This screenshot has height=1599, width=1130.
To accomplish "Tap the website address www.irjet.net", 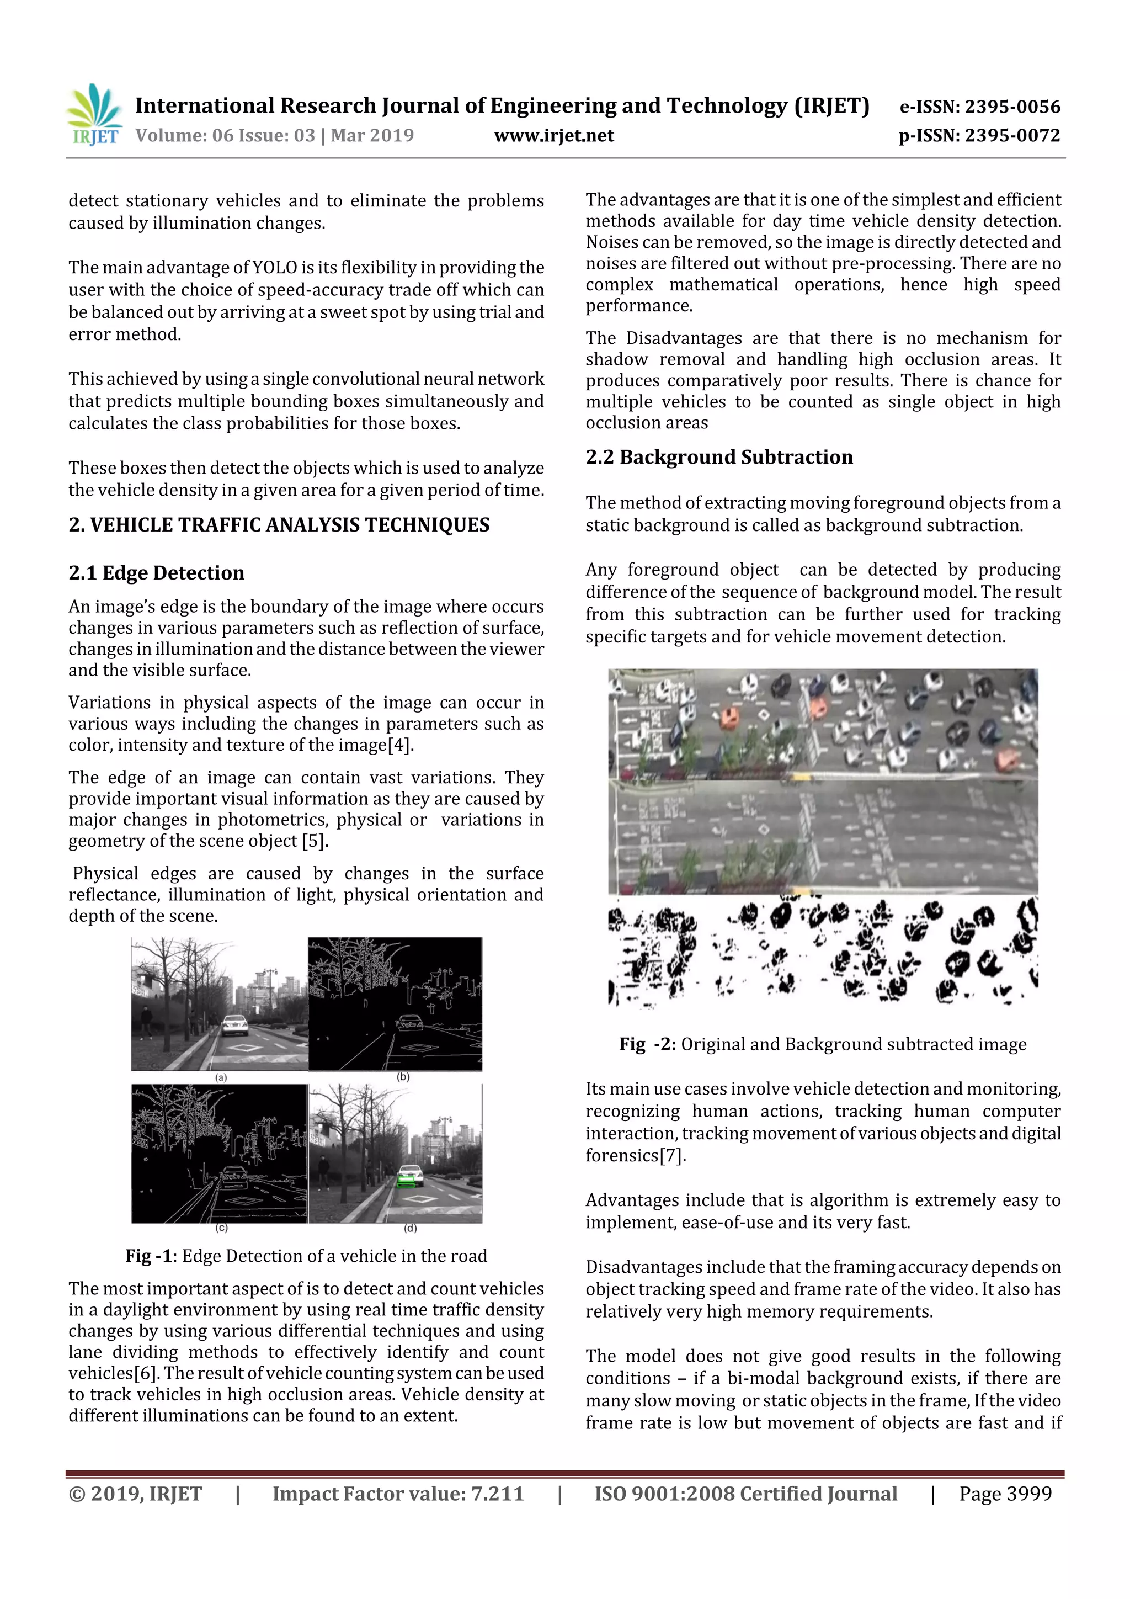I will tap(553, 136).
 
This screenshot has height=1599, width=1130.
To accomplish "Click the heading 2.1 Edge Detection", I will tap(156, 572).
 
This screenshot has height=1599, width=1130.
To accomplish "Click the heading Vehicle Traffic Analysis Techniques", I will tap(279, 525).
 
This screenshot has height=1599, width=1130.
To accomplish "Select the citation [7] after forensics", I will tap(673, 1155).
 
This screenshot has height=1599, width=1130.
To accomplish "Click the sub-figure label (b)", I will tap(402, 1077).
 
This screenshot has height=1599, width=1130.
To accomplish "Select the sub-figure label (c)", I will tap(221, 1228).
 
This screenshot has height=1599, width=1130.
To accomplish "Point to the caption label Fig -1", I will tap(148, 1256).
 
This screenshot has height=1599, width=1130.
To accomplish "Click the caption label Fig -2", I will tap(647, 1044).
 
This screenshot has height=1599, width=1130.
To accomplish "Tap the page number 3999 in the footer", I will tap(1028, 1493).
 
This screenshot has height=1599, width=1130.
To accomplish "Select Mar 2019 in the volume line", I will tap(372, 136).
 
